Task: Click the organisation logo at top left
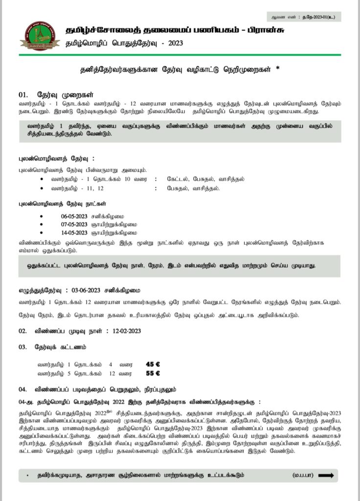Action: tap(40, 36)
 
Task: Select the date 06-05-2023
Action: tap(74, 216)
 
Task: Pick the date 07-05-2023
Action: tap(74, 224)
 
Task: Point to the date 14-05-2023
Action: tap(74, 232)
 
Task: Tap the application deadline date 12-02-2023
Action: tap(127, 331)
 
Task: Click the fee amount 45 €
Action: tap(153, 364)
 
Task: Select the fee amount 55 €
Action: tap(153, 373)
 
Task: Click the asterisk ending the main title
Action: tap(278, 68)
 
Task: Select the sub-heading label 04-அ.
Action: tap(27, 403)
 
